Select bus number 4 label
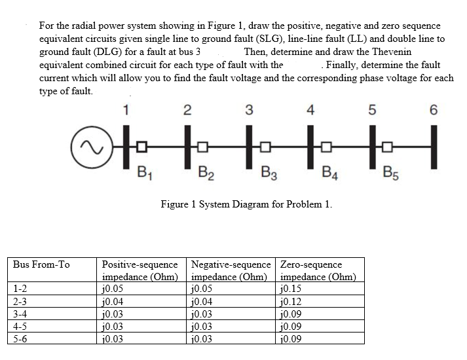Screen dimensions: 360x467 click(311, 110)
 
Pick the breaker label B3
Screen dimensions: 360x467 click(268, 174)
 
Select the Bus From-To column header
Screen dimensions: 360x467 click(41, 265)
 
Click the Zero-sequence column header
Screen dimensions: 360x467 click(310, 265)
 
